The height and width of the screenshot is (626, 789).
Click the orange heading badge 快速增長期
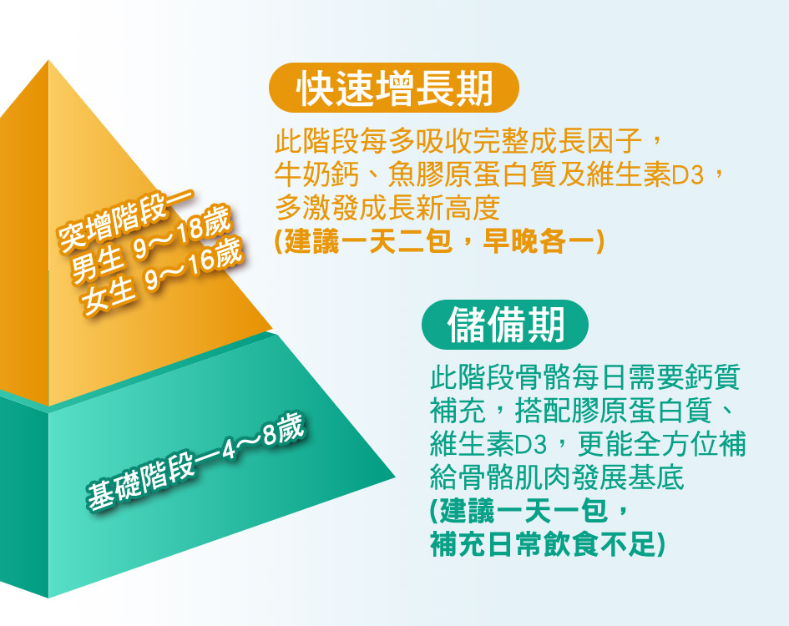click(394, 88)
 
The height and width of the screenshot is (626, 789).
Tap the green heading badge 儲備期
click(504, 325)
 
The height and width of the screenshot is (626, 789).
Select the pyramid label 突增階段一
click(126, 220)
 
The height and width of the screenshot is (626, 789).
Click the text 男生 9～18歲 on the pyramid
click(151, 244)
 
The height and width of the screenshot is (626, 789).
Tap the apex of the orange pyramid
click(48, 60)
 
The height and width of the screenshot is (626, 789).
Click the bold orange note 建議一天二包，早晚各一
click(439, 241)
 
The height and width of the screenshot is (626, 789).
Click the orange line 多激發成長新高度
click(387, 208)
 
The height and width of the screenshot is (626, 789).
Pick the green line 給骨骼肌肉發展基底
click(557, 477)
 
